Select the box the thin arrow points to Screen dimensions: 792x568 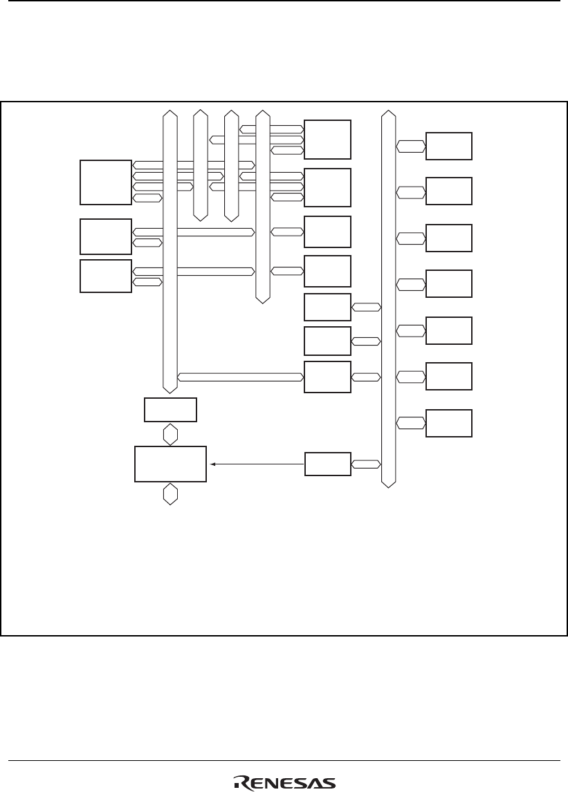(170, 464)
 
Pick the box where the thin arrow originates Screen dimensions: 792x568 (327, 464)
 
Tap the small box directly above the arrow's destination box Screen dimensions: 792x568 (170, 410)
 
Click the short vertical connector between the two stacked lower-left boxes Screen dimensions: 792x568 (170, 435)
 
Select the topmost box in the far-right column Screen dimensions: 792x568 (449, 146)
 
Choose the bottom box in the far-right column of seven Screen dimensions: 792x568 (449, 423)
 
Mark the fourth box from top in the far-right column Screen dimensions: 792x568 (449, 284)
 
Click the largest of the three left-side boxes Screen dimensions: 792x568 (105, 182)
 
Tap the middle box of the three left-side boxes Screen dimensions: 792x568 (105, 236)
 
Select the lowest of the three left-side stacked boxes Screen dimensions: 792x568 (105, 276)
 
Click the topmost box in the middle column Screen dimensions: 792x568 (327, 139)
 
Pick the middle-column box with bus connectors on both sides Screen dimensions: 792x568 (327, 377)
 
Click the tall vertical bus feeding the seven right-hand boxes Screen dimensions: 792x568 (388, 297)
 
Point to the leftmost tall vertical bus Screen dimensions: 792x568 (170, 249)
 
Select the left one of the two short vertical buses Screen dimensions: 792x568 (201, 164)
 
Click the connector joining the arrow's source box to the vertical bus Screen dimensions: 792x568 (366, 464)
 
